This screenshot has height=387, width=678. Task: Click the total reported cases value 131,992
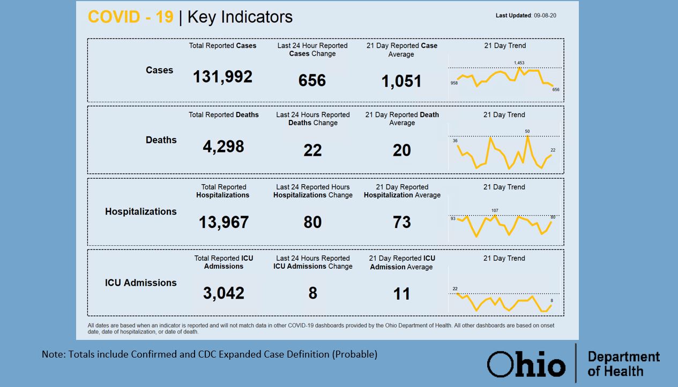(x=222, y=77)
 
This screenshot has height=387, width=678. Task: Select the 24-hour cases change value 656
(x=312, y=80)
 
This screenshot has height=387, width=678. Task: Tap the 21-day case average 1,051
(x=401, y=81)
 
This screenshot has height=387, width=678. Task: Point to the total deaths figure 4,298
(x=223, y=147)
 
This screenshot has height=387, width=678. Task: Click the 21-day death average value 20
(x=401, y=150)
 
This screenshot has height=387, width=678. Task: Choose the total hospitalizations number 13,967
(x=223, y=222)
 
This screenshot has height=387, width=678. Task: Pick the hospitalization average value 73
(x=401, y=222)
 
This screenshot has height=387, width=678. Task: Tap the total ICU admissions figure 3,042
(x=223, y=293)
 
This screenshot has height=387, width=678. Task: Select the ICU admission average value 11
(x=401, y=293)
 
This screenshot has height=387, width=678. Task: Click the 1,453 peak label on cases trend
(x=519, y=63)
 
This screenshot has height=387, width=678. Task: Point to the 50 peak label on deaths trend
(x=527, y=131)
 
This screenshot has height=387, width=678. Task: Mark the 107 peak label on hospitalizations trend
(x=495, y=210)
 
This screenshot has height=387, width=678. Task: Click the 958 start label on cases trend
(x=454, y=83)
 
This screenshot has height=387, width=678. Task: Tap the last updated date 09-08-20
(x=545, y=16)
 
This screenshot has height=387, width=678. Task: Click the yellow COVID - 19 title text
(x=130, y=17)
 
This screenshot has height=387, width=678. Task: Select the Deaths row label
(x=161, y=140)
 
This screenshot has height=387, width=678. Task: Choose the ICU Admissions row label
(x=141, y=283)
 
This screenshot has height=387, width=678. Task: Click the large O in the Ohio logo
(x=500, y=364)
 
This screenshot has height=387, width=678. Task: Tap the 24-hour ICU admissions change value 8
(x=312, y=293)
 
